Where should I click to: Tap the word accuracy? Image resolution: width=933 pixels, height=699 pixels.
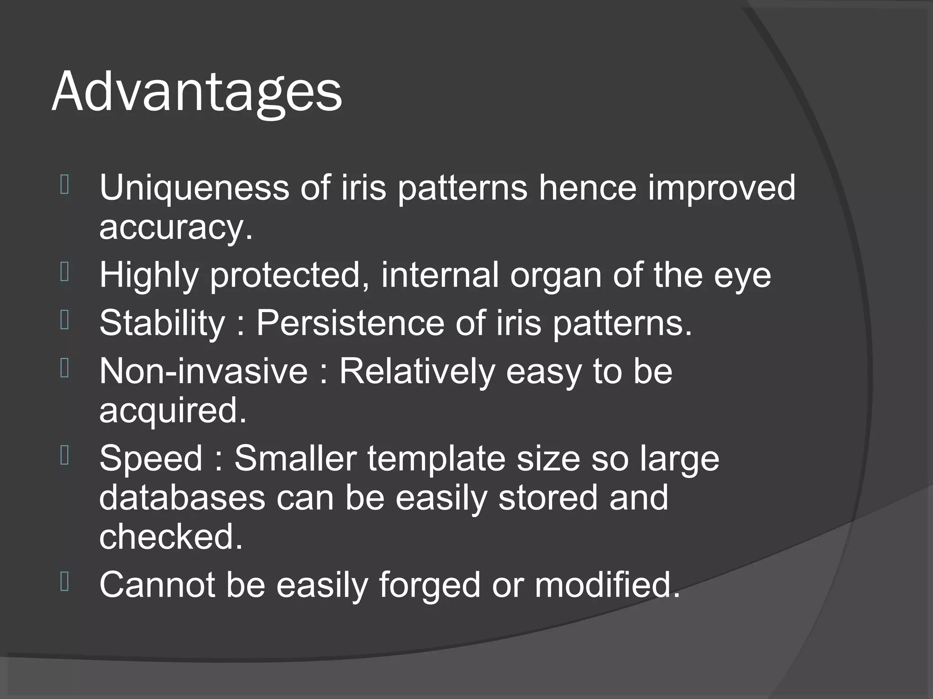[x=175, y=227]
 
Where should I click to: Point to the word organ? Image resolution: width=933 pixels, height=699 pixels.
[x=555, y=275]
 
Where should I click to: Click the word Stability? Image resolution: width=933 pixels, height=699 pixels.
[x=162, y=323]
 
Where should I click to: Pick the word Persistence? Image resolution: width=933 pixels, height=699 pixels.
[x=350, y=323]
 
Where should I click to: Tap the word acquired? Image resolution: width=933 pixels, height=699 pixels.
[x=172, y=410]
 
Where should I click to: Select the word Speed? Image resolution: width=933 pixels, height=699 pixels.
[x=151, y=458]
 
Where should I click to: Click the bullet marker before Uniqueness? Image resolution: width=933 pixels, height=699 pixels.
[x=65, y=185]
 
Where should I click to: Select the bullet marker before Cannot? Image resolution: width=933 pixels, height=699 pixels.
[x=65, y=582]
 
